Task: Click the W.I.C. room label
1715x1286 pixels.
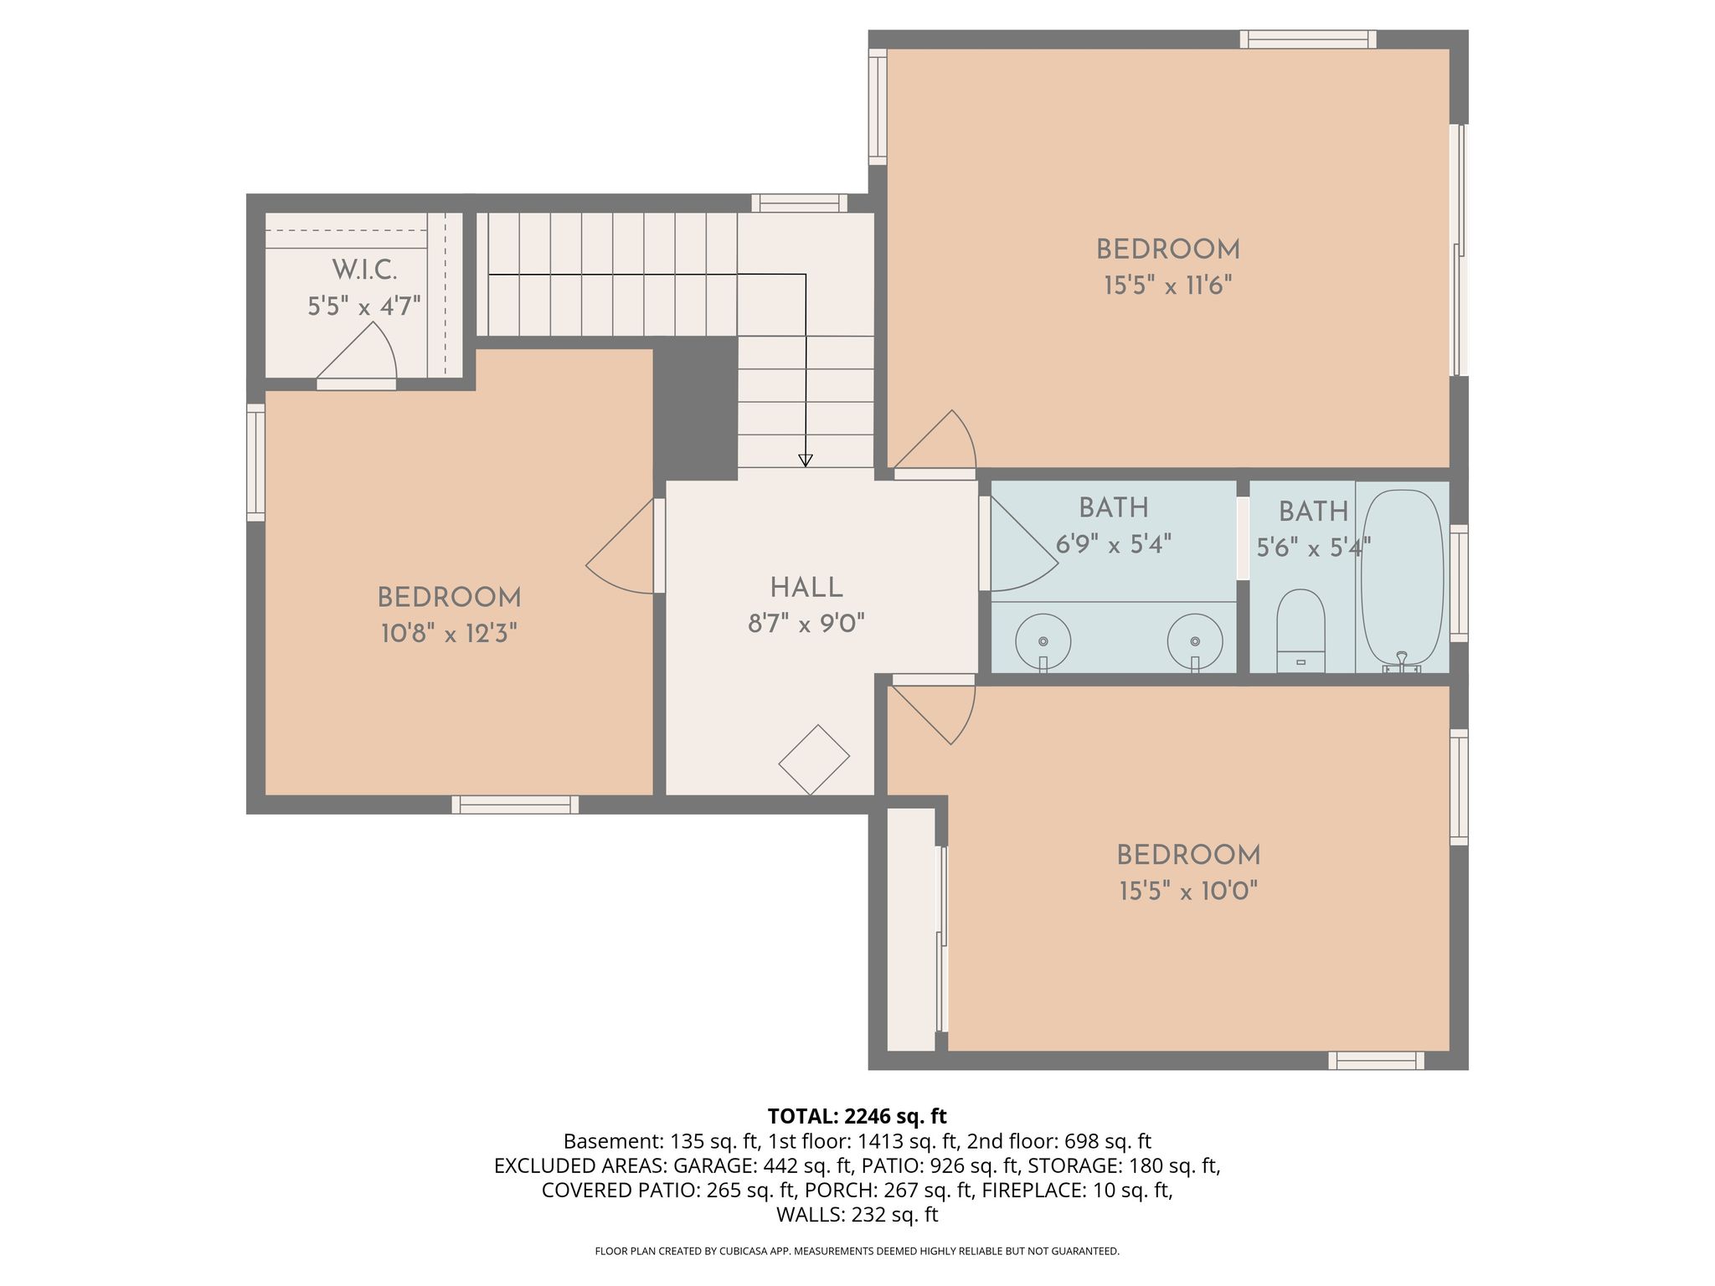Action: [x=364, y=270]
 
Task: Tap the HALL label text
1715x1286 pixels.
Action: [x=806, y=588]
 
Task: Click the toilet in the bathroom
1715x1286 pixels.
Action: [x=1300, y=630]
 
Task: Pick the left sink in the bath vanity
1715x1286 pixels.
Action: [x=1043, y=642]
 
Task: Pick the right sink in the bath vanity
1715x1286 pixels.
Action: [x=1195, y=642]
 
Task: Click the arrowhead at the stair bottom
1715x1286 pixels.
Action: [x=806, y=460]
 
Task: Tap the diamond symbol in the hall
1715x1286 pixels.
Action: [x=814, y=759]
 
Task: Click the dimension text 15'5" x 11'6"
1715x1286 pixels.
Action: [x=1168, y=285]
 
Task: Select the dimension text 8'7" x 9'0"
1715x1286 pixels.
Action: [x=806, y=623]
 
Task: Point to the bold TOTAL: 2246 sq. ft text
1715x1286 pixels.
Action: [x=857, y=1116]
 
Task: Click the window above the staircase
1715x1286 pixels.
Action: [x=799, y=203]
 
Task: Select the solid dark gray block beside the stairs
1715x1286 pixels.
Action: [x=695, y=409]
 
